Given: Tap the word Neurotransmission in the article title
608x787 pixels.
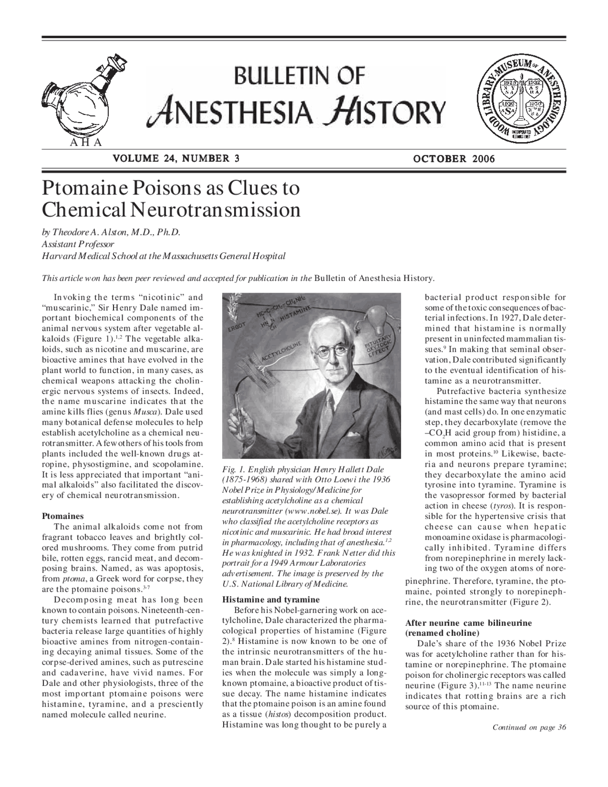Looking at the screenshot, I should (x=216, y=210).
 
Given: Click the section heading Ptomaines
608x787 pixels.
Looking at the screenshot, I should (x=63, y=516).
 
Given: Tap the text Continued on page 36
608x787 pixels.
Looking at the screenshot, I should (x=529, y=728).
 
